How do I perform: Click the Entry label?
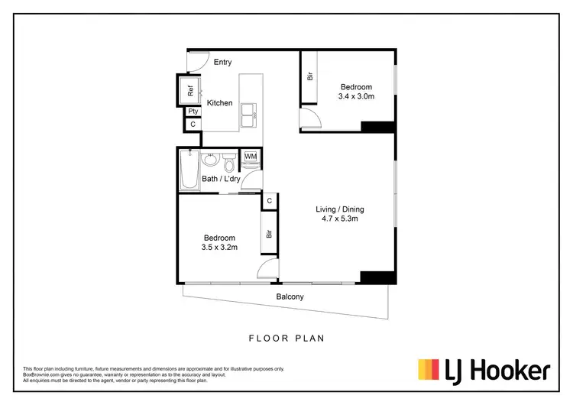click(x=222, y=62)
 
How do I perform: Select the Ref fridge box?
click(x=189, y=90)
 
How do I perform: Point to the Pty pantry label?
click(x=193, y=112)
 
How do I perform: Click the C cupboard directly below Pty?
click(x=193, y=124)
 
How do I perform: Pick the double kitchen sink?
click(x=249, y=117)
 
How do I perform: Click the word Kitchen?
click(x=219, y=103)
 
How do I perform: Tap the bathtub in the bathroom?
click(x=189, y=170)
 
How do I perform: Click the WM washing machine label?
click(x=251, y=157)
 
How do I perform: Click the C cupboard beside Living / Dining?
click(x=269, y=201)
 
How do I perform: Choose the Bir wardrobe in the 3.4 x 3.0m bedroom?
click(x=310, y=76)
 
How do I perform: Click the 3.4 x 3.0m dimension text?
click(x=356, y=97)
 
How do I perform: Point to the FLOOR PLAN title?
click(x=286, y=336)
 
